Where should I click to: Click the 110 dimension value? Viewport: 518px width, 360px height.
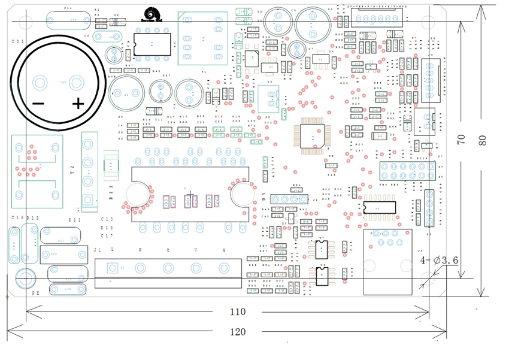(238, 311)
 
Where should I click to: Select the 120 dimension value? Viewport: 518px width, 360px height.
(238, 331)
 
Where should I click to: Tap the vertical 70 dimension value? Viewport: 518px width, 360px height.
(461, 138)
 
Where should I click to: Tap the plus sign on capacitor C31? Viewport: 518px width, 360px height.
(78, 104)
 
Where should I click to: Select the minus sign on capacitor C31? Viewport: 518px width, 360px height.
(38, 104)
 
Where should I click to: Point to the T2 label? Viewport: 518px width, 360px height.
(72, 170)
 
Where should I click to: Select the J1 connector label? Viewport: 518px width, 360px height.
(98, 249)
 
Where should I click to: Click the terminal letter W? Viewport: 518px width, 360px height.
(225, 249)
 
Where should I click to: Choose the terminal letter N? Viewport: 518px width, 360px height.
(140, 249)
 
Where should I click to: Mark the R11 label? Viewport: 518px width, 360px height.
(75, 220)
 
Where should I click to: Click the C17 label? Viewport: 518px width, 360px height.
(107, 236)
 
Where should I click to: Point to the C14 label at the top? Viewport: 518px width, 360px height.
(68, 8)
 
